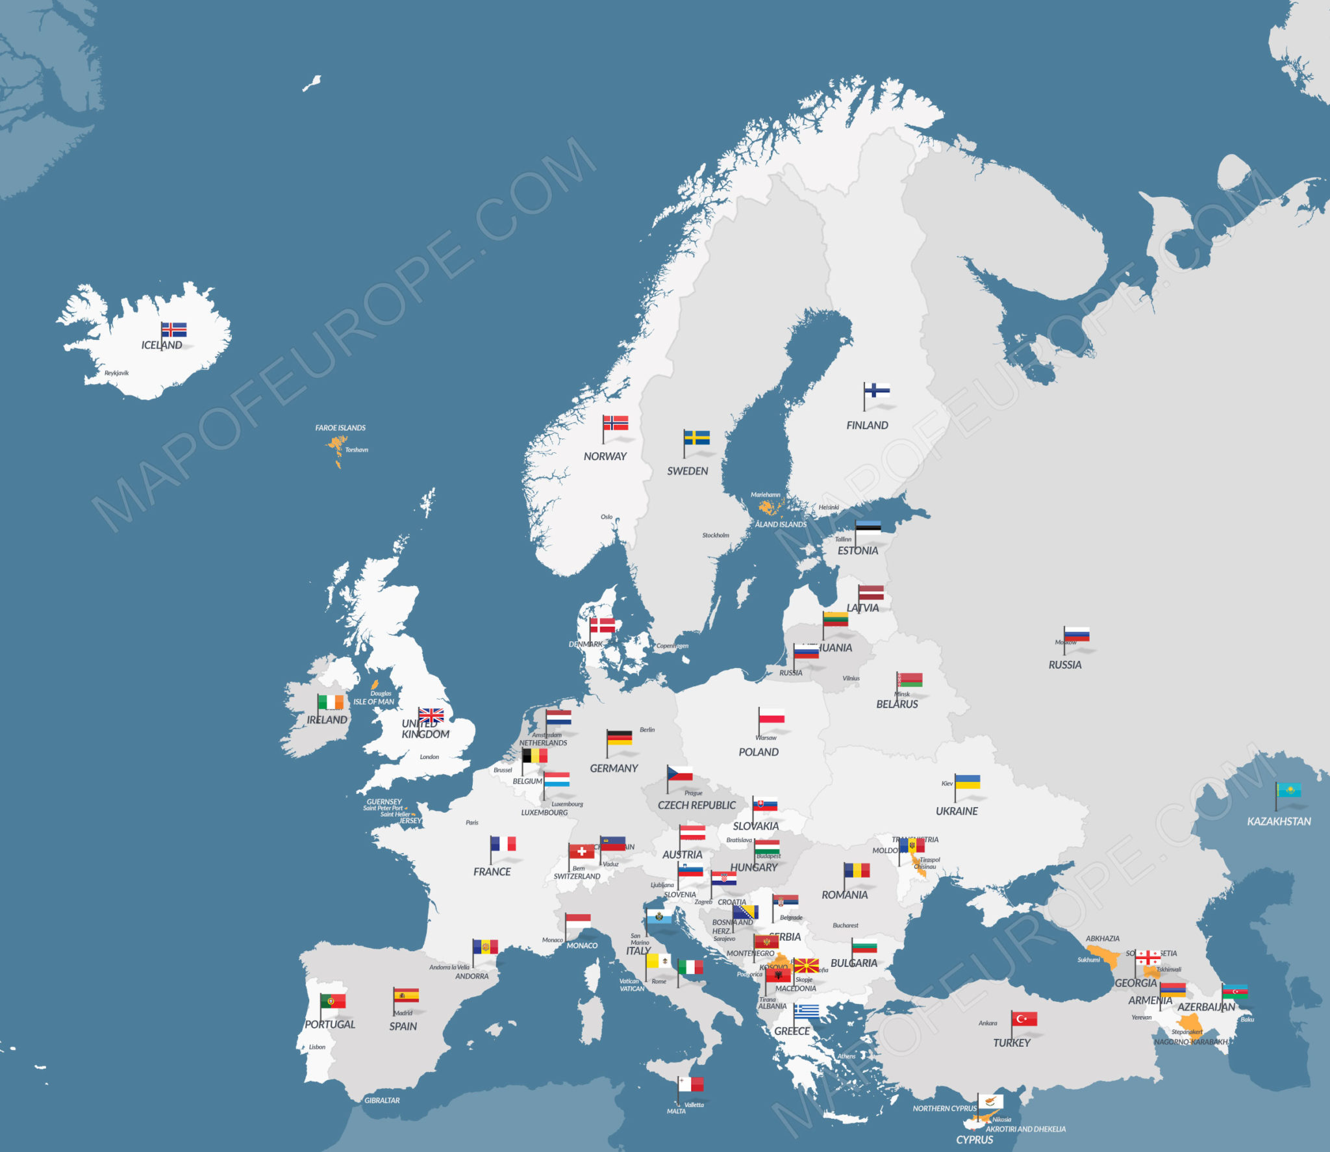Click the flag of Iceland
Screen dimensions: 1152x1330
(174, 329)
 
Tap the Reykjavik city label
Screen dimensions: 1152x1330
(117, 373)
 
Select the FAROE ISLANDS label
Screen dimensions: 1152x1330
(340, 428)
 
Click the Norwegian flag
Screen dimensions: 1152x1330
(616, 423)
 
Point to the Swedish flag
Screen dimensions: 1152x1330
(697, 437)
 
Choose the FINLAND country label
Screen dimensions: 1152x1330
(867, 425)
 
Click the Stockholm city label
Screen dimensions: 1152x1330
(716, 535)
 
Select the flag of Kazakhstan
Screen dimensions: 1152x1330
(1288, 790)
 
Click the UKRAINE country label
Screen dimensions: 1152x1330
(957, 811)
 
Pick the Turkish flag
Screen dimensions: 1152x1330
(1024, 1019)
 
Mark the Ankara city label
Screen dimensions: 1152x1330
(988, 1023)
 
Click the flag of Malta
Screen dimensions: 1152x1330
(691, 1084)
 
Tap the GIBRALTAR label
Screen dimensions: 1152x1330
(382, 1100)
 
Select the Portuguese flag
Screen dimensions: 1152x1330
(333, 1001)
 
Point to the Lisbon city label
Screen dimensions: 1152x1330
(317, 1047)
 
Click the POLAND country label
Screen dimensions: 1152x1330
(759, 752)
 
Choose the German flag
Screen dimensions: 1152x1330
(620, 737)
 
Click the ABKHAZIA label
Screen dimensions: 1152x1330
(1103, 938)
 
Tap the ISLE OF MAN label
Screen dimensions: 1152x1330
(373, 702)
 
